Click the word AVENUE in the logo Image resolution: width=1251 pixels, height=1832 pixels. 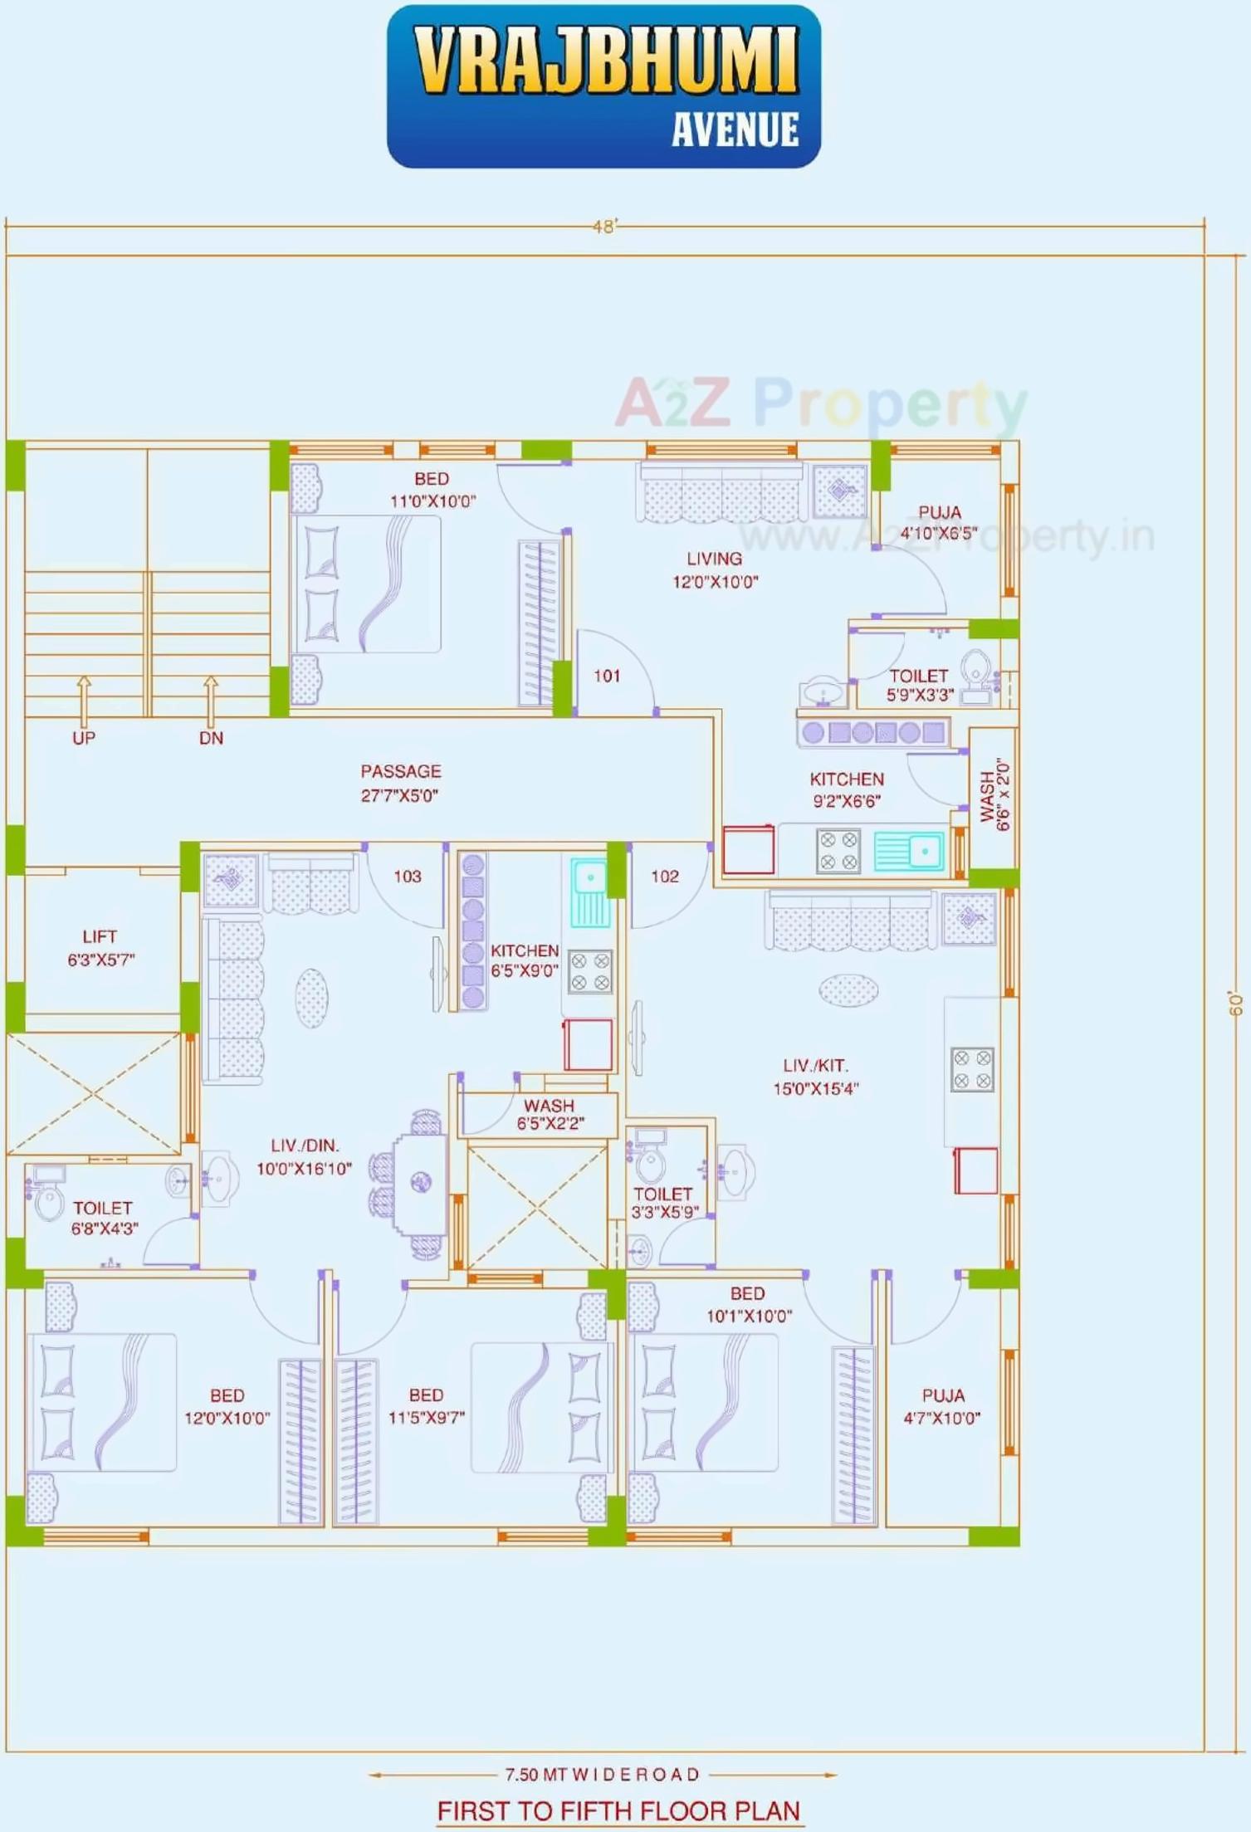pos(735,130)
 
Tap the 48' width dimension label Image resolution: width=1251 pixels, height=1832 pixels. pos(605,227)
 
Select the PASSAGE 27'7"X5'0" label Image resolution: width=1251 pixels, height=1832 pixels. pos(400,783)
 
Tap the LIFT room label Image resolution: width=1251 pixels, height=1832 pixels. pos(100,947)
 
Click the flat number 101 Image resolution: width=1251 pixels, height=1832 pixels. pos(607,676)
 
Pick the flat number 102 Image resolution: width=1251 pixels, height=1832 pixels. pos(665,877)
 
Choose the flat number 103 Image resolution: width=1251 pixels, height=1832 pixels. pos(408,877)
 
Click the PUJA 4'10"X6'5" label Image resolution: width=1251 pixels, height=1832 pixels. pos(939,522)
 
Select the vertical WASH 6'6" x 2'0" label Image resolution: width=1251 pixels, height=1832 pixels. pos(994,795)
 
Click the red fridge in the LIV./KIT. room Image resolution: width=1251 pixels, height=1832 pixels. pos(975,1170)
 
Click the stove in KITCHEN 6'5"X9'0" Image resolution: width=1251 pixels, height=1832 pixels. pos(590,972)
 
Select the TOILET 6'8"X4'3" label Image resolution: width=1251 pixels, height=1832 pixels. pos(103,1218)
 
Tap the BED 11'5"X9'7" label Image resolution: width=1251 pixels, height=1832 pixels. pos(426,1406)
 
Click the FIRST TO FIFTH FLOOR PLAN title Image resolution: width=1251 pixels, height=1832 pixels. pos(618,1811)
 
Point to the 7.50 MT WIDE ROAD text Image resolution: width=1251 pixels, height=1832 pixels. pos(603,1775)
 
